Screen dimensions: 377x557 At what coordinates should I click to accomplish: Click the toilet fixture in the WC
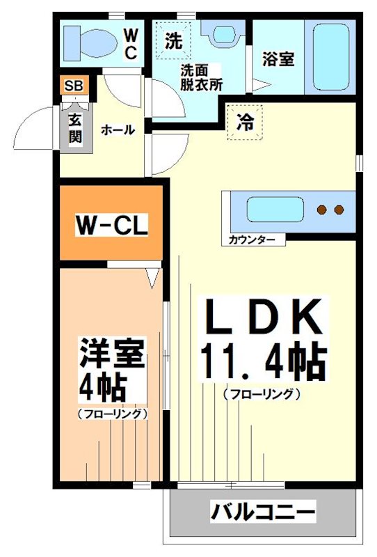coord(90,43)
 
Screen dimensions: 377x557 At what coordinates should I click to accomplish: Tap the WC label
coord(131,44)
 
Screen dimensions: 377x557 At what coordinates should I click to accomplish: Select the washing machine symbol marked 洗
coord(173,40)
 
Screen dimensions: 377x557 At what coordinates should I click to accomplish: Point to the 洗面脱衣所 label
coord(201,77)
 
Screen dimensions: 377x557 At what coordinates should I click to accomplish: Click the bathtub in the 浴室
coord(331,57)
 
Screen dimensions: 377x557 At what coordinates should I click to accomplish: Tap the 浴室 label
coord(278,59)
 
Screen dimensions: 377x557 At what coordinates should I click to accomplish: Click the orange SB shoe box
coord(74,85)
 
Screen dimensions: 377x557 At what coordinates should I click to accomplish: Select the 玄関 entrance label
coord(75,129)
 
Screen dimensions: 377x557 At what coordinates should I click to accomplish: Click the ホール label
coord(118,130)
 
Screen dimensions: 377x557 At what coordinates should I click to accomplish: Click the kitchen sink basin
coord(275,210)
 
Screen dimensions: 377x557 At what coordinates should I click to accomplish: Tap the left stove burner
coord(322,210)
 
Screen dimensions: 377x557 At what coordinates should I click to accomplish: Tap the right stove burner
coord(339,210)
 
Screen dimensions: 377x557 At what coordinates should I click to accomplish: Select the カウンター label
coord(252,240)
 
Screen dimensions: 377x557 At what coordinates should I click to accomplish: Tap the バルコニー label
coord(263,512)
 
